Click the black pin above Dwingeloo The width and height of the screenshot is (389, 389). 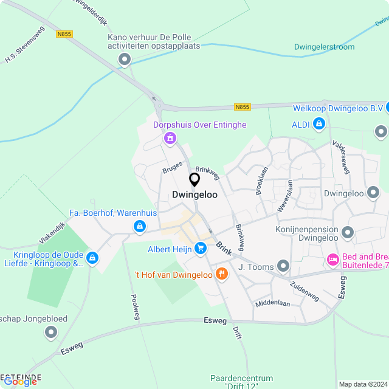click(194, 180)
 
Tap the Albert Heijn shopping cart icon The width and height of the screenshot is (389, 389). click(200, 248)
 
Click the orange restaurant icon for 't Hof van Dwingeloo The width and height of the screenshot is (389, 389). click(222, 274)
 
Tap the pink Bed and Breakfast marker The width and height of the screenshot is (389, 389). click(332, 260)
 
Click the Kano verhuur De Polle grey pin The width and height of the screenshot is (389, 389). click(125, 60)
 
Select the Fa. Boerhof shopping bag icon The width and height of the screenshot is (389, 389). click(140, 227)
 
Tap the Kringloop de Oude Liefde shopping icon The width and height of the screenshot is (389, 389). click(92, 258)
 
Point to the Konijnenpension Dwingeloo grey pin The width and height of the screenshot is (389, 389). click(348, 232)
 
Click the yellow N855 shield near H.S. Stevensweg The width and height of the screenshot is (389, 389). click(64, 34)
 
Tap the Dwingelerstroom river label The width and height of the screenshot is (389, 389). click(324, 47)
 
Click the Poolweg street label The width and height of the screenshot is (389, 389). click(136, 307)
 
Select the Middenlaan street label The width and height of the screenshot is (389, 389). click(272, 303)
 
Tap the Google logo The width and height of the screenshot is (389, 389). click(20, 382)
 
